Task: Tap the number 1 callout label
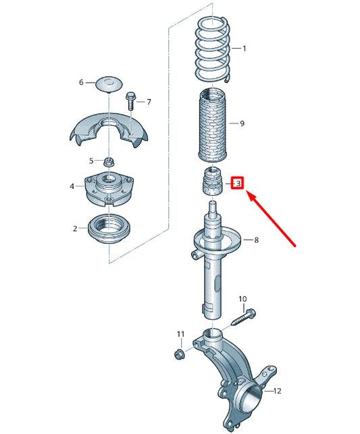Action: point(244,49)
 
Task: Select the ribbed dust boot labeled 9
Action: point(213,124)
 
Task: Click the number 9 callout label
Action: point(242,124)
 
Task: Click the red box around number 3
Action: point(237,183)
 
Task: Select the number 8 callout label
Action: point(255,240)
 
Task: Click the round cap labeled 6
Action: point(107,84)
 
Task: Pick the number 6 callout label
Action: point(81,82)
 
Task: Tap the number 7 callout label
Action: point(149,102)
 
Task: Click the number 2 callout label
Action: point(75,229)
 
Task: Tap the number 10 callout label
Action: point(242,298)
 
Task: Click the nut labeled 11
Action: point(180,354)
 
